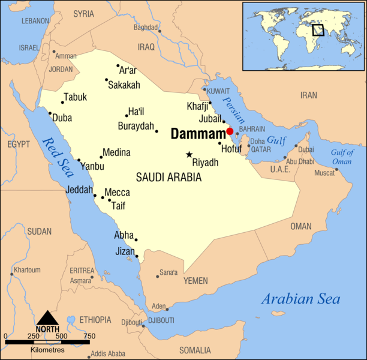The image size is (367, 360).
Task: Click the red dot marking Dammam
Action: click(x=230, y=131)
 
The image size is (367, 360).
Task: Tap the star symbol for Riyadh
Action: click(x=189, y=155)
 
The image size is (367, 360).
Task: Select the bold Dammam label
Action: click(x=196, y=134)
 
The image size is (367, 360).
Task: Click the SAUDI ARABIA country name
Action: click(x=169, y=178)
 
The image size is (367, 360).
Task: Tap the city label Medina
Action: click(x=116, y=152)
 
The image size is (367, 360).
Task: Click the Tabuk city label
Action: click(x=76, y=97)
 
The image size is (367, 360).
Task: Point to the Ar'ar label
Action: click(x=128, y=70)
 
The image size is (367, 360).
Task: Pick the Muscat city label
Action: click(x=324, y=173)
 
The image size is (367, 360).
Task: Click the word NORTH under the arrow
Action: click(x=47, y=329)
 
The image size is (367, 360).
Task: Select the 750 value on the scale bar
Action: click(x=89, y=335)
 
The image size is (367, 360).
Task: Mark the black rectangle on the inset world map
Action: click(x=318, y=29)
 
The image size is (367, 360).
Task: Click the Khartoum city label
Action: click(x=27, y=269)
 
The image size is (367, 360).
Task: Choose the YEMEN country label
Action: click(x=195, y=281)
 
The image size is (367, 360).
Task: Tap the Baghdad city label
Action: click(x=146, y=27)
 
